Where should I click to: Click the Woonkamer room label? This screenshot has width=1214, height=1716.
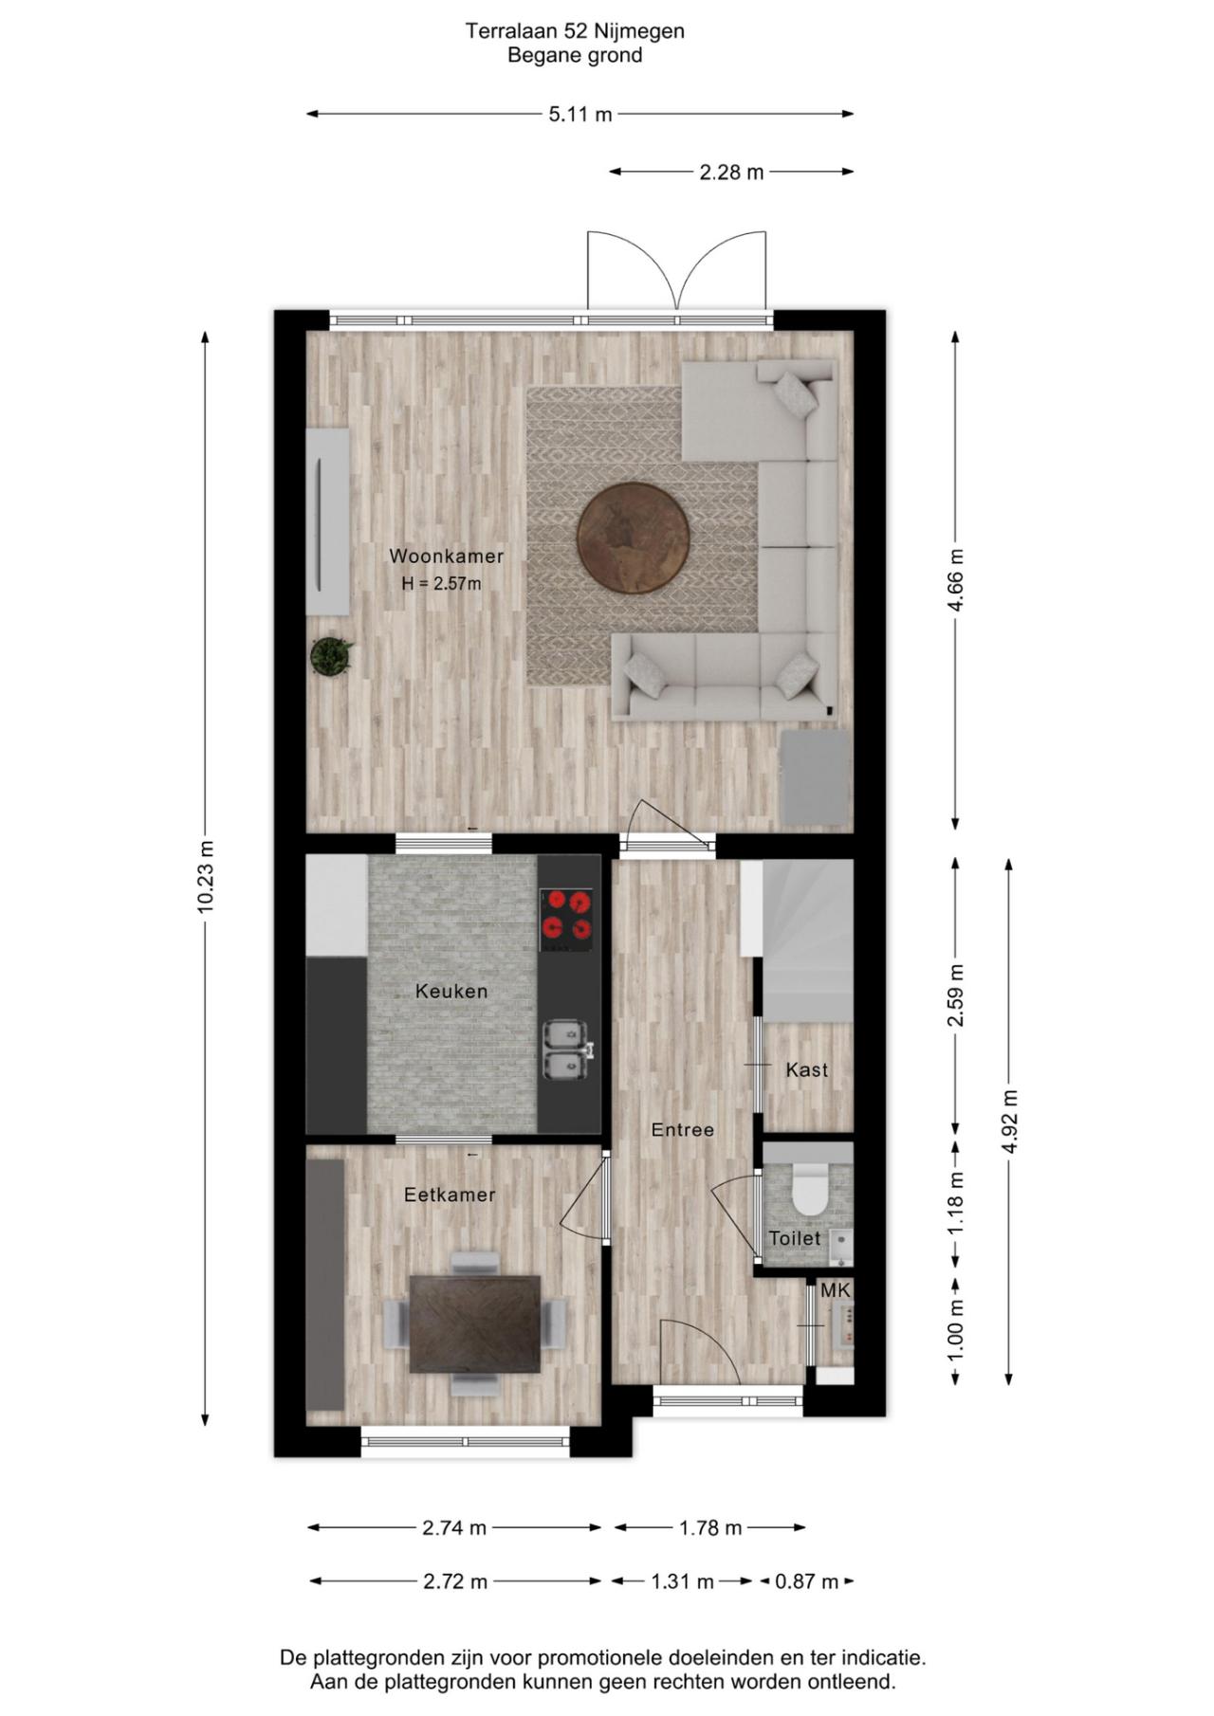coord(446,557)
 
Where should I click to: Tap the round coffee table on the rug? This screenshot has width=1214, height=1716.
coord(634,537)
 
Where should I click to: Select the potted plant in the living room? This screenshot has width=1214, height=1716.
coord(331,656)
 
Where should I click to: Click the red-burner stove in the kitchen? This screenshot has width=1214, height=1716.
coord(566,919)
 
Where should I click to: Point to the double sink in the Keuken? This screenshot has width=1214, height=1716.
coord(567,1050)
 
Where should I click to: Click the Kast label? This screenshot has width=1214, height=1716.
coord(807,1069)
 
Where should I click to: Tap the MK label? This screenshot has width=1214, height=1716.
coord(836,1290)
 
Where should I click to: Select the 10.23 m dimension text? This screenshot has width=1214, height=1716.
coord(206,877)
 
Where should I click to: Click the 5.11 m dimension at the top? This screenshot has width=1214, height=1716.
coord(580,115)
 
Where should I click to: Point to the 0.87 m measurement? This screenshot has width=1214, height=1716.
coord(807,1581)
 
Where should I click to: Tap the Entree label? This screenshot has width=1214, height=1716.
coord(683,1130)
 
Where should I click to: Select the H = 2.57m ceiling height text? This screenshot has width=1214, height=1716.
coord(441,584)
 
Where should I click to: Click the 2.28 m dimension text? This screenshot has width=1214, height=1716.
coord(731,173)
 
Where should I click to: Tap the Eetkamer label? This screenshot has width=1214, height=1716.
coord(450,1195)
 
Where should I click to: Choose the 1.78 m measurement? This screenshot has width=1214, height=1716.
coord(710,1528)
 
